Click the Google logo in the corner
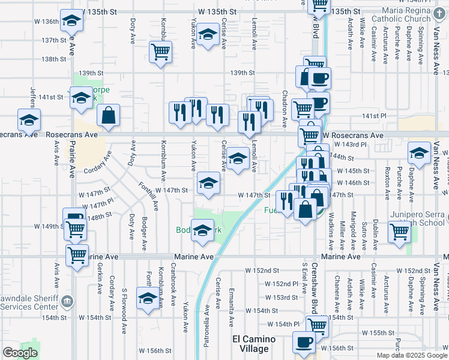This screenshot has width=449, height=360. point(20,353)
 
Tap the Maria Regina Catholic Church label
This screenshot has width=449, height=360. point(404,16)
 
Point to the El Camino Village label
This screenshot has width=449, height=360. point(255,343)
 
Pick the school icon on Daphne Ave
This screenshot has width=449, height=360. point(419,153)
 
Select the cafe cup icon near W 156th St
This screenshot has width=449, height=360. point(303,343)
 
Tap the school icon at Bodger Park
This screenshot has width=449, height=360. point(202,230)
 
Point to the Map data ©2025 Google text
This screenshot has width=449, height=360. point(411,355)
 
